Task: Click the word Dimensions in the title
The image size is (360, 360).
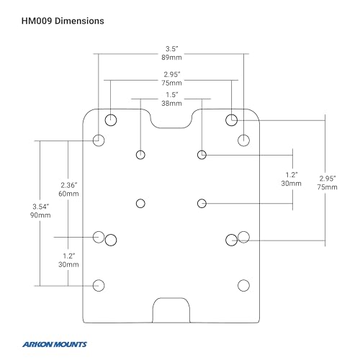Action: coord(79,21)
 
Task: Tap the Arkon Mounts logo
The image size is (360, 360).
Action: coord(55,344)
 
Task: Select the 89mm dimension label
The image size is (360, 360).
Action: coord(171,58)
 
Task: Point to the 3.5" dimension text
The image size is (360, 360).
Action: coord(172,49)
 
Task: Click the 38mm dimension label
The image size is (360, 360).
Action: coord(171,104)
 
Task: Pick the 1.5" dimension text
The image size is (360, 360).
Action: coord(172,94)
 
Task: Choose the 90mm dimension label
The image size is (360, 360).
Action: coord(40,215)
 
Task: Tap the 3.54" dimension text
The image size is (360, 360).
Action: coord(41,207)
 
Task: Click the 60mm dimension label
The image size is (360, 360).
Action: coord(68,194)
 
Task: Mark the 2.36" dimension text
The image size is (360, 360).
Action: coord(69,185)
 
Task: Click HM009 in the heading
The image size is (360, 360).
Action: coord(37,21)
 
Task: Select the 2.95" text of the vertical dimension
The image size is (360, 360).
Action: coord(328,179)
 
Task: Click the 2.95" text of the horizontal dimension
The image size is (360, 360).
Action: coord(172,74)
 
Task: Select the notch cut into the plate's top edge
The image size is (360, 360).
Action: coord(171,127)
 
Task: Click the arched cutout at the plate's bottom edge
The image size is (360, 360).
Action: coord(171,298)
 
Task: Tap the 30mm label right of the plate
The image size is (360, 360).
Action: coord(292,184)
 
